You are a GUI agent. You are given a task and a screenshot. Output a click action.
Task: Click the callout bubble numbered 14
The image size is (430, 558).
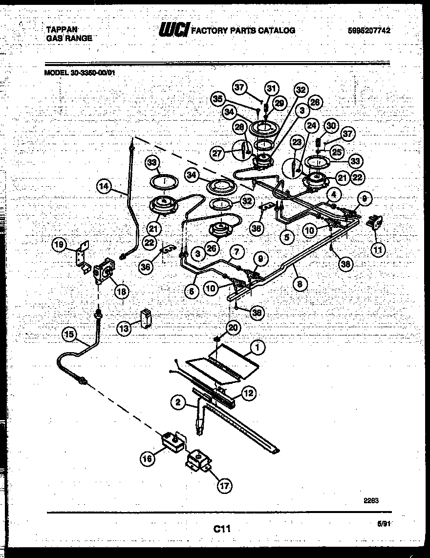(x=104, y=186)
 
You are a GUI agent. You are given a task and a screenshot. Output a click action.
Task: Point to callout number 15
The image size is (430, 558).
(x=70, y=335)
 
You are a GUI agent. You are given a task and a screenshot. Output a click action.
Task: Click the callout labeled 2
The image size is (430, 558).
(x=178, y=403)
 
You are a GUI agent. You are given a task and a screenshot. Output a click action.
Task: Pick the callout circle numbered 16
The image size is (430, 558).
(x=148, y=458)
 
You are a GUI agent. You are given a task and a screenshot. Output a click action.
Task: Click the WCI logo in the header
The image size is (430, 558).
(x=173, y=30)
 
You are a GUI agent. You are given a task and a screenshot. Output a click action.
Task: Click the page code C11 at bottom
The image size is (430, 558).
(x=221, y=529)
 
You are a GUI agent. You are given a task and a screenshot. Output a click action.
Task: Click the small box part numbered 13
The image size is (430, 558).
(x=145, y=317)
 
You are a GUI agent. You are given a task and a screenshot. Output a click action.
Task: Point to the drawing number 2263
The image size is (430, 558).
(x=371, y=500)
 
